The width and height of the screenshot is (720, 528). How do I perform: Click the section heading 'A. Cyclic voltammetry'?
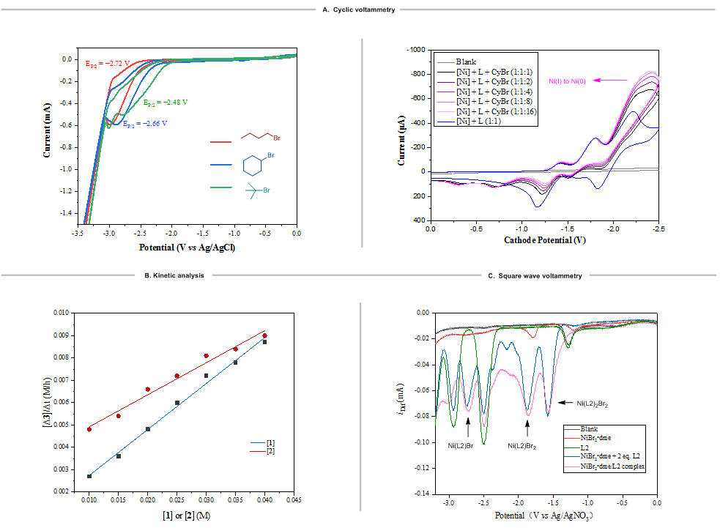point(359,10)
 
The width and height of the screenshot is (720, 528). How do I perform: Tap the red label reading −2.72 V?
point(107,64)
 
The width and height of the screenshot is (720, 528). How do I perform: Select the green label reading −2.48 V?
point(166,103)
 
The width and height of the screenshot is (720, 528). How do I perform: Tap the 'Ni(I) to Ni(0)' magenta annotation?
point(570,80)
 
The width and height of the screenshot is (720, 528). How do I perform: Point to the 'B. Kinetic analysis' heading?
point(175,275)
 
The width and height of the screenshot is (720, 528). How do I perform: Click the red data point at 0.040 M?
point(264,335)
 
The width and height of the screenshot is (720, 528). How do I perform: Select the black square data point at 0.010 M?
point(89,476)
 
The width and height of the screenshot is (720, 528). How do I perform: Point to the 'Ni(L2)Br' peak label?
point(461,445)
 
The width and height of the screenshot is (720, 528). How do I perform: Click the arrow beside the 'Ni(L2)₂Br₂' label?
point(566,402)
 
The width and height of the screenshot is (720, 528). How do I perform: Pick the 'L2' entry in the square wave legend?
point(584,447)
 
